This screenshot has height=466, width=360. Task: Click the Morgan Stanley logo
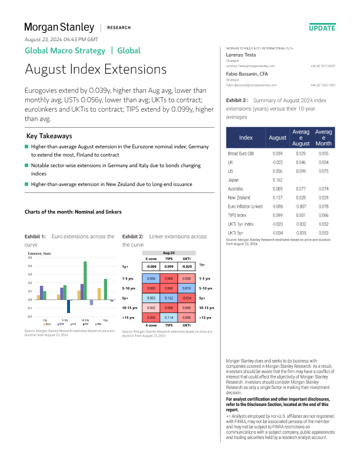[59, 27]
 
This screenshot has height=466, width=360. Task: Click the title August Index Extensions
[87, 69]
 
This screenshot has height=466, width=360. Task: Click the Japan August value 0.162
[278, 179]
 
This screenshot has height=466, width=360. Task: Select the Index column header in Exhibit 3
[246, 137]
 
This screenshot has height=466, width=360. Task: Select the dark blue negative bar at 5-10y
[69, 306]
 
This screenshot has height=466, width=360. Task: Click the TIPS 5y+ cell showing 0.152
[168, 298]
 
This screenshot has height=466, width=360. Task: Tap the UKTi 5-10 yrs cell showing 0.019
[186, 288]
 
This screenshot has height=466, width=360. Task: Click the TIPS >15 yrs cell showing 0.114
[168, 318]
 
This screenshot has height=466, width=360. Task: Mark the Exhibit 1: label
[35, 236]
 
